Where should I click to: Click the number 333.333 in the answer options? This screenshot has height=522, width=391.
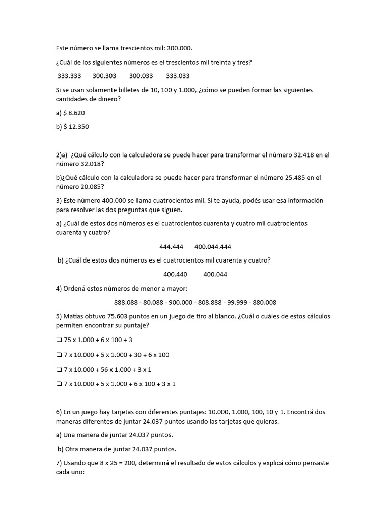(x=70, y=76)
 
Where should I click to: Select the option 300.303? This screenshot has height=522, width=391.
(x=104, y=76)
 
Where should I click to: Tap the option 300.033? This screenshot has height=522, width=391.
(x=141, y=76)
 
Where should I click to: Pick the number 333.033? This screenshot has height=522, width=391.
(x=178, y=76)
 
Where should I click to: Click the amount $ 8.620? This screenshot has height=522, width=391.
(x=74, y=113)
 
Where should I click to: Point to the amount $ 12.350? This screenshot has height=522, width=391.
(x=76, y=126)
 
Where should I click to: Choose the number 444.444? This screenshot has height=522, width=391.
(x=171, y=247)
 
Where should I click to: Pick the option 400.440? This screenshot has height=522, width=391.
(x=176, y=274)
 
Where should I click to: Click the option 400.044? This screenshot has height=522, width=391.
(x=215, y=274)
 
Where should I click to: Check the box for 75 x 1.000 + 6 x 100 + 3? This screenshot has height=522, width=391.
(x=59, y=340)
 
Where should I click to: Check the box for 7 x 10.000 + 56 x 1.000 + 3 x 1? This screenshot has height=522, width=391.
(x=59, y=369)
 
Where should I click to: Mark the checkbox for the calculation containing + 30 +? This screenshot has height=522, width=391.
(x=59, y=355)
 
